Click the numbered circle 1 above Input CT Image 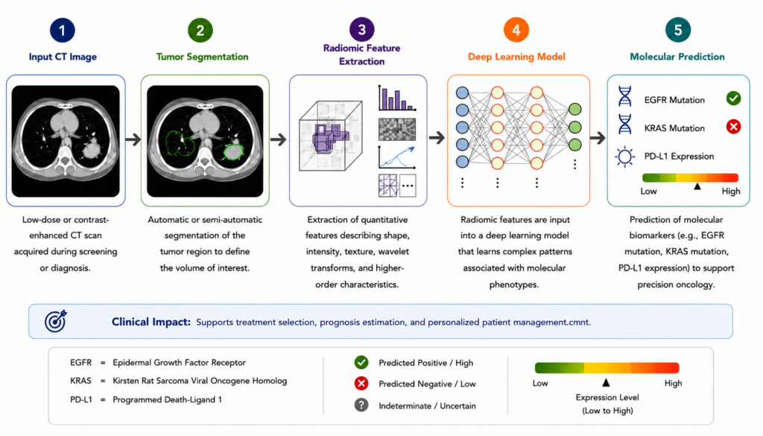pos(63,30)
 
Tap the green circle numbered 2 pos(200,30)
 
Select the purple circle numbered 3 pos(361,30)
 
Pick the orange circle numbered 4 pos(516,30)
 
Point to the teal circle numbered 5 pos(677,30)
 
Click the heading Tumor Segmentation pos(202,57)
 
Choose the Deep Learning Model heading pos(516,57)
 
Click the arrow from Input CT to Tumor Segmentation pos(133,139)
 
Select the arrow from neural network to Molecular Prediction pos(598,138)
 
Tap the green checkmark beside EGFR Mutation pos(733,99)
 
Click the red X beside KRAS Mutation pos(733,127)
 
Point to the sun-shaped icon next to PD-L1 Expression pos(625,157)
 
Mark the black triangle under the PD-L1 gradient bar pos(697,186)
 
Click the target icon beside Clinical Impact pos(55,321)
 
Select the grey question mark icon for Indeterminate pos(361,405)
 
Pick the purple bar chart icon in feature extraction pos(397,98)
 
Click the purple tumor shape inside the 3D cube pos(329,138)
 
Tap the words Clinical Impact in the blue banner pos(151,322)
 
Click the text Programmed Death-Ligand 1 pos(168,399)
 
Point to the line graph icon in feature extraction pos(397,157)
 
